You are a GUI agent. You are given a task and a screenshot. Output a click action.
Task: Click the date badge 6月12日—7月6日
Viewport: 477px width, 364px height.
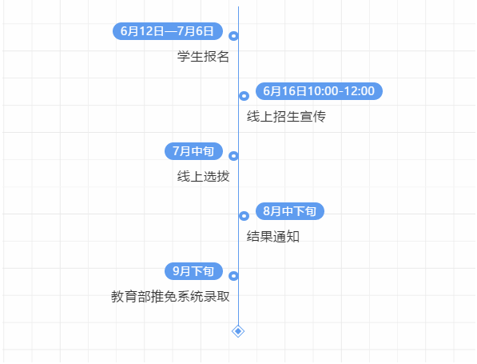pyautogui.click(x=168, y=31)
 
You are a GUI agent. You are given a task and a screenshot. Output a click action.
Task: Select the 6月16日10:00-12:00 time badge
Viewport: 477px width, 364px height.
pyautogui.click(x=319, y=91)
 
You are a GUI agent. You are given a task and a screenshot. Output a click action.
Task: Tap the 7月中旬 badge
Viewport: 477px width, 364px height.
pyautogui.click(x=194, y=151)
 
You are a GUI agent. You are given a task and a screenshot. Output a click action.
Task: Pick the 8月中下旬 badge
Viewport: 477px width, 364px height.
pyautogui.click(x=290, y=211)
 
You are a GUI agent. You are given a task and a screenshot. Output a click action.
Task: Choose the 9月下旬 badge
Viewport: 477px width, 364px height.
pyautogui.click(x=194, y=271)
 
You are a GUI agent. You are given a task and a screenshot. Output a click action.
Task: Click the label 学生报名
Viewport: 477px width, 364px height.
pyautogui.click(x=203, y=57)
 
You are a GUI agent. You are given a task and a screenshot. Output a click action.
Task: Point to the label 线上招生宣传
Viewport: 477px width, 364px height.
pyautogui.click(x=286, y=116)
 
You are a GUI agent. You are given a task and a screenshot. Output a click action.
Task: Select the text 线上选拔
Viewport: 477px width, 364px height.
pyautogui.click(x=203, y=176)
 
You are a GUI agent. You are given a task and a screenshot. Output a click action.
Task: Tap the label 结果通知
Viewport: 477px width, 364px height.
pyautogui.click(x=273, y=236)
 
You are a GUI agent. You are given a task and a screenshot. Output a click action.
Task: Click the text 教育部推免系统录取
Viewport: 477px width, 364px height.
pyautogui.click(x=170, y=296)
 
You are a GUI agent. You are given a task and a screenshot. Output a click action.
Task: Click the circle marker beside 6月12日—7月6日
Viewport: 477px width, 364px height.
pyautogui.click(x=233, y=36)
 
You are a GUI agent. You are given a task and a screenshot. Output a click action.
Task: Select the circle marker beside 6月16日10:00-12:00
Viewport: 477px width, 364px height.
pyautogui.click(x=244, y=96)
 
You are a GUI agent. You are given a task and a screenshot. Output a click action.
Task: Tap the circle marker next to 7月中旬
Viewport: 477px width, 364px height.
pyautogui.click(x=233, y=156)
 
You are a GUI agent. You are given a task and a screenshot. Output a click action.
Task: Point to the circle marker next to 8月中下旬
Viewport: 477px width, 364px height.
pyautogui.click(x=244, y=216)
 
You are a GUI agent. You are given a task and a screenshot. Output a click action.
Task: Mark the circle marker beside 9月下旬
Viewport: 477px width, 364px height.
pyautogui.click(x=233, y=276)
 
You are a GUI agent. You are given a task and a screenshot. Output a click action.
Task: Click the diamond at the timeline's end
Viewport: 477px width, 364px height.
pyautogui.click(x=238, y=331)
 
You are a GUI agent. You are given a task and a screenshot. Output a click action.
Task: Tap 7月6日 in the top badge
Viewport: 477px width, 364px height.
pyautogui.click(x=196, y=31)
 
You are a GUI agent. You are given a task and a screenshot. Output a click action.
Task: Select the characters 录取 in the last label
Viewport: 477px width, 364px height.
pyautogui.click(x=217, y=296)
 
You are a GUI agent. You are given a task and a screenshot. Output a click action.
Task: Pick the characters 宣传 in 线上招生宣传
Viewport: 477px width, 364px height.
pyautogui.click(x=312, y=116)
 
